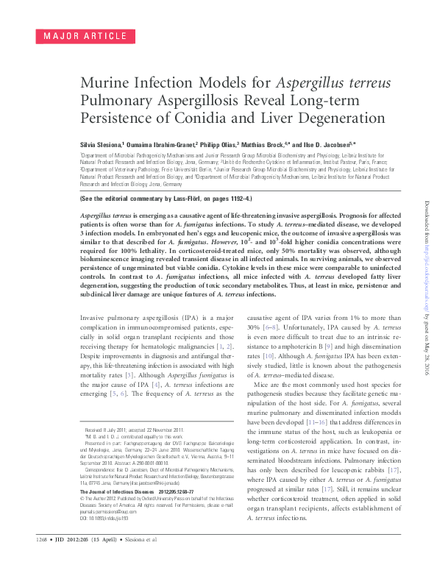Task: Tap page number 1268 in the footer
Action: point(36,561)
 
